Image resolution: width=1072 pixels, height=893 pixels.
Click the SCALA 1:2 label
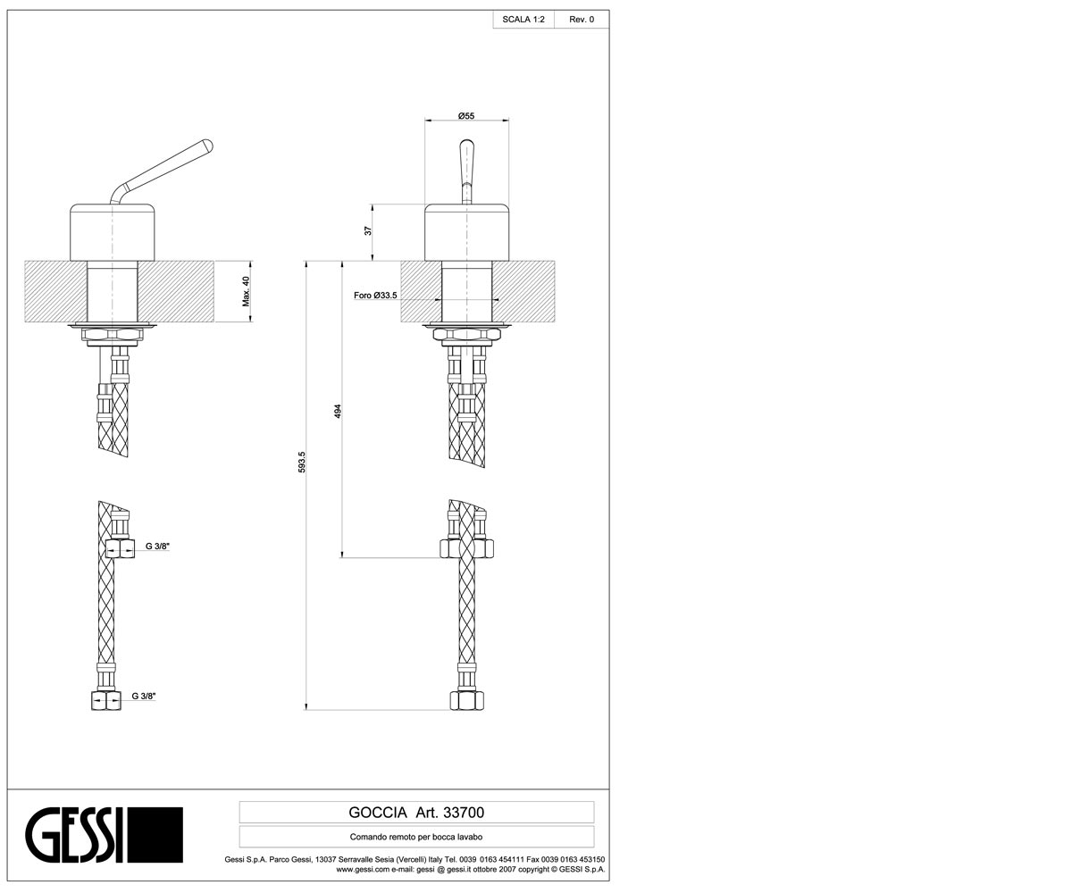click(523, 20)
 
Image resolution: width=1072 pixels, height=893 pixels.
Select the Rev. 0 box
click(582, 20)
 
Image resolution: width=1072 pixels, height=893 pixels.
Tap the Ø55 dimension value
click(466, 116)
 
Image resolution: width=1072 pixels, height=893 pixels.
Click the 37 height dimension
click(367, 231)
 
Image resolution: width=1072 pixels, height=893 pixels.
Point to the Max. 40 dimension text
click(246, 291)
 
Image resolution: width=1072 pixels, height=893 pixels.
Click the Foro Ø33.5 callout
click(375, 296)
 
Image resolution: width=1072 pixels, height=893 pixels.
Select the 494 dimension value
click(338, 412)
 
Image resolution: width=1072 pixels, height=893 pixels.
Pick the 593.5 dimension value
click(302, 462)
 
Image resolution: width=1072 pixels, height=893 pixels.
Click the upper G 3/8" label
click(157, 546)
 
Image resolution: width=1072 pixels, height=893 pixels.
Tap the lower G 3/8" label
click(144, 696)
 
